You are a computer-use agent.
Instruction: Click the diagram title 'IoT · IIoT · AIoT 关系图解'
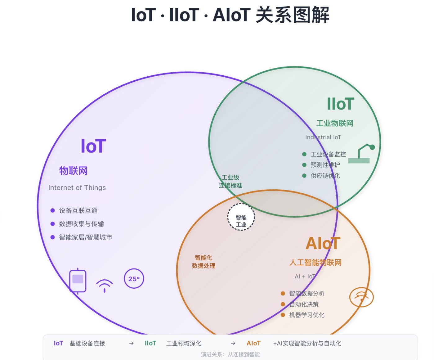pyautogui.click(x=230, y=15)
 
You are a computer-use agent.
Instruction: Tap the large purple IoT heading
pyautogui.click(x=93, y=146)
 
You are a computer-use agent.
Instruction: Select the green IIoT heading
pyautogui.click(x=340, y=104)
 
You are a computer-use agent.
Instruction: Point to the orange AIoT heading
pyautogui.click(x=323, y=244)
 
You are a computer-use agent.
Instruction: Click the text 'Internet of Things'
pyautogui.click(x=77, y=188)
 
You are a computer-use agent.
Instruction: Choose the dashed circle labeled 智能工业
pyautogui.click(x=241, y=217)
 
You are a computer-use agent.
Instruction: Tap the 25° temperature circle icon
pyautogui.click(x=134, y=279)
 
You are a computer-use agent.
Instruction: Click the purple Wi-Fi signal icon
pyautogui.click(x=105, y=285)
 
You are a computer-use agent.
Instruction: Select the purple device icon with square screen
pyautogui.click(x=78, y=281)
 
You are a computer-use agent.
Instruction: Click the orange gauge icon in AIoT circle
pyautogui.click(x=361, y=297)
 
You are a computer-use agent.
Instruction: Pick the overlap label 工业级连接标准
pyautogui.click(x=230, y=182)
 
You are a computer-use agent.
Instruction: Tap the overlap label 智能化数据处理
pyautogui.click(x=204, y=262)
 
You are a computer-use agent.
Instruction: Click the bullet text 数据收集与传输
pyautogui.click(x=81, y=224)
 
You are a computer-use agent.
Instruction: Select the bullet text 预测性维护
pyautogui.click(x=325, y=165)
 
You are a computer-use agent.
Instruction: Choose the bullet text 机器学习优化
pyautogui.click(x=306, y=315)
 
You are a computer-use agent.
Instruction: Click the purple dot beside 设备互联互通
pyautogui.click(x=52, y=210)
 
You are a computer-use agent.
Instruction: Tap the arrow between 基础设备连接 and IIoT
pyautogui.click(x=131, y=343)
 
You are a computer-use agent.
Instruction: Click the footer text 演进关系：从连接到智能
pyautogui.click(x=230, y=354)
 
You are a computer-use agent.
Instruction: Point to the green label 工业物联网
pyautogui.click(x=335, y=124)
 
